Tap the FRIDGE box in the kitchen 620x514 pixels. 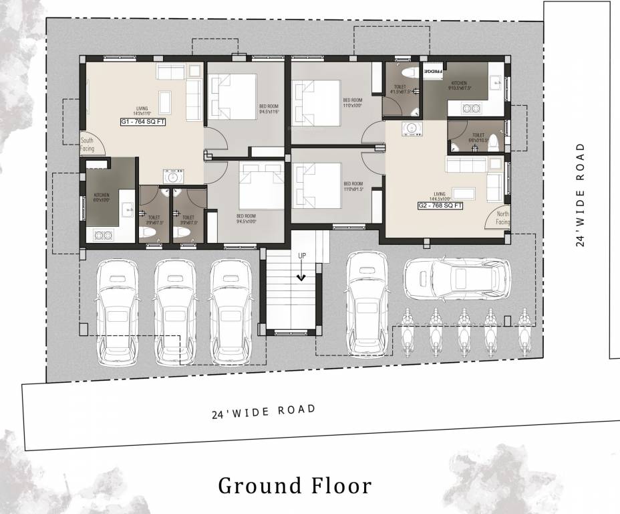433,70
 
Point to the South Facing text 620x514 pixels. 88,145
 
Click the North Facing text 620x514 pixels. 502,218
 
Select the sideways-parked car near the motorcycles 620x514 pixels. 457,278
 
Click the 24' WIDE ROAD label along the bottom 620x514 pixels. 263,411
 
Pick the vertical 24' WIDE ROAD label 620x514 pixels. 581,193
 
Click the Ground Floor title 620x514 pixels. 295,485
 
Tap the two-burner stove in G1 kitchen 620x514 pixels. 104,235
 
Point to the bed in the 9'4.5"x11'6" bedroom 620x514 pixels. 232,96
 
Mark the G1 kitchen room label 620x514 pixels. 100,197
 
